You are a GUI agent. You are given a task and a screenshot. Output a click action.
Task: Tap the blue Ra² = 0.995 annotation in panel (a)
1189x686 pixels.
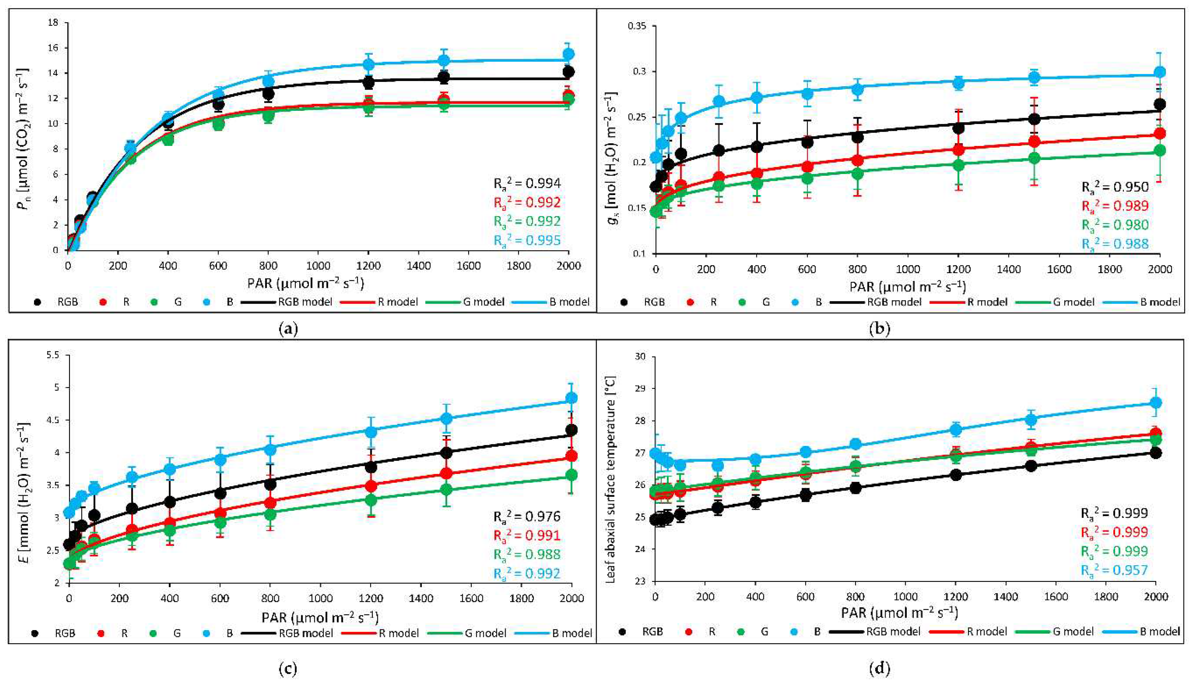coord(527,240)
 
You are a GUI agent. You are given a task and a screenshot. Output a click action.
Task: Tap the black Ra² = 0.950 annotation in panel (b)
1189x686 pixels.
coord(1115,187)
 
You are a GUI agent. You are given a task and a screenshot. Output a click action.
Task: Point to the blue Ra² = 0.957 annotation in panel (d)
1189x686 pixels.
coord(1114,570)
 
